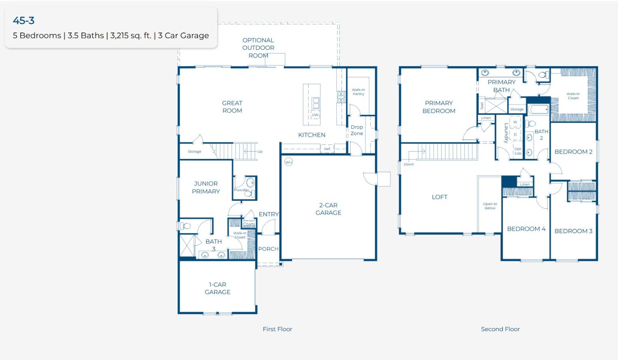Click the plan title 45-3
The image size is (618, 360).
(x=23, y=21)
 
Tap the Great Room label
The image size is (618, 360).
(x=232, y=107)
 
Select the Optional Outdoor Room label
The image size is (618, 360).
(x=258, y=48)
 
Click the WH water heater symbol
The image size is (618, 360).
(x=288, y=162)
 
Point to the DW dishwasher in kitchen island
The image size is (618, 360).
(x=315, y=115)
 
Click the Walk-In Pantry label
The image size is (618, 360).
(x=358, y=92)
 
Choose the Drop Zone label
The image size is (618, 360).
(x=357, y=130)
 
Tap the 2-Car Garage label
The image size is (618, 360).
(x=328, y=209)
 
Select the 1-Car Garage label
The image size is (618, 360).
(x=218, y=288)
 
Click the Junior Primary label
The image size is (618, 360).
(x=206, y=187)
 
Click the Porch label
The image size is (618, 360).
(x=268, y=249)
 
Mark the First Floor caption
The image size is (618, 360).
(x=277, y=329)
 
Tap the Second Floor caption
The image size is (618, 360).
(x=500, y=329)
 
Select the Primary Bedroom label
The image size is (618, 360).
(x=439, y=107)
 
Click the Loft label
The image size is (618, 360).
(x=439, y=197)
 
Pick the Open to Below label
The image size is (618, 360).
(x=490, y=206)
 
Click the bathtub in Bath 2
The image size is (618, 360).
(x=538, y=110)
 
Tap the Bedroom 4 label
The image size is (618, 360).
(x=526, y=229)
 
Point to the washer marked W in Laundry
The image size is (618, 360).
(x=515, y=122)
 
